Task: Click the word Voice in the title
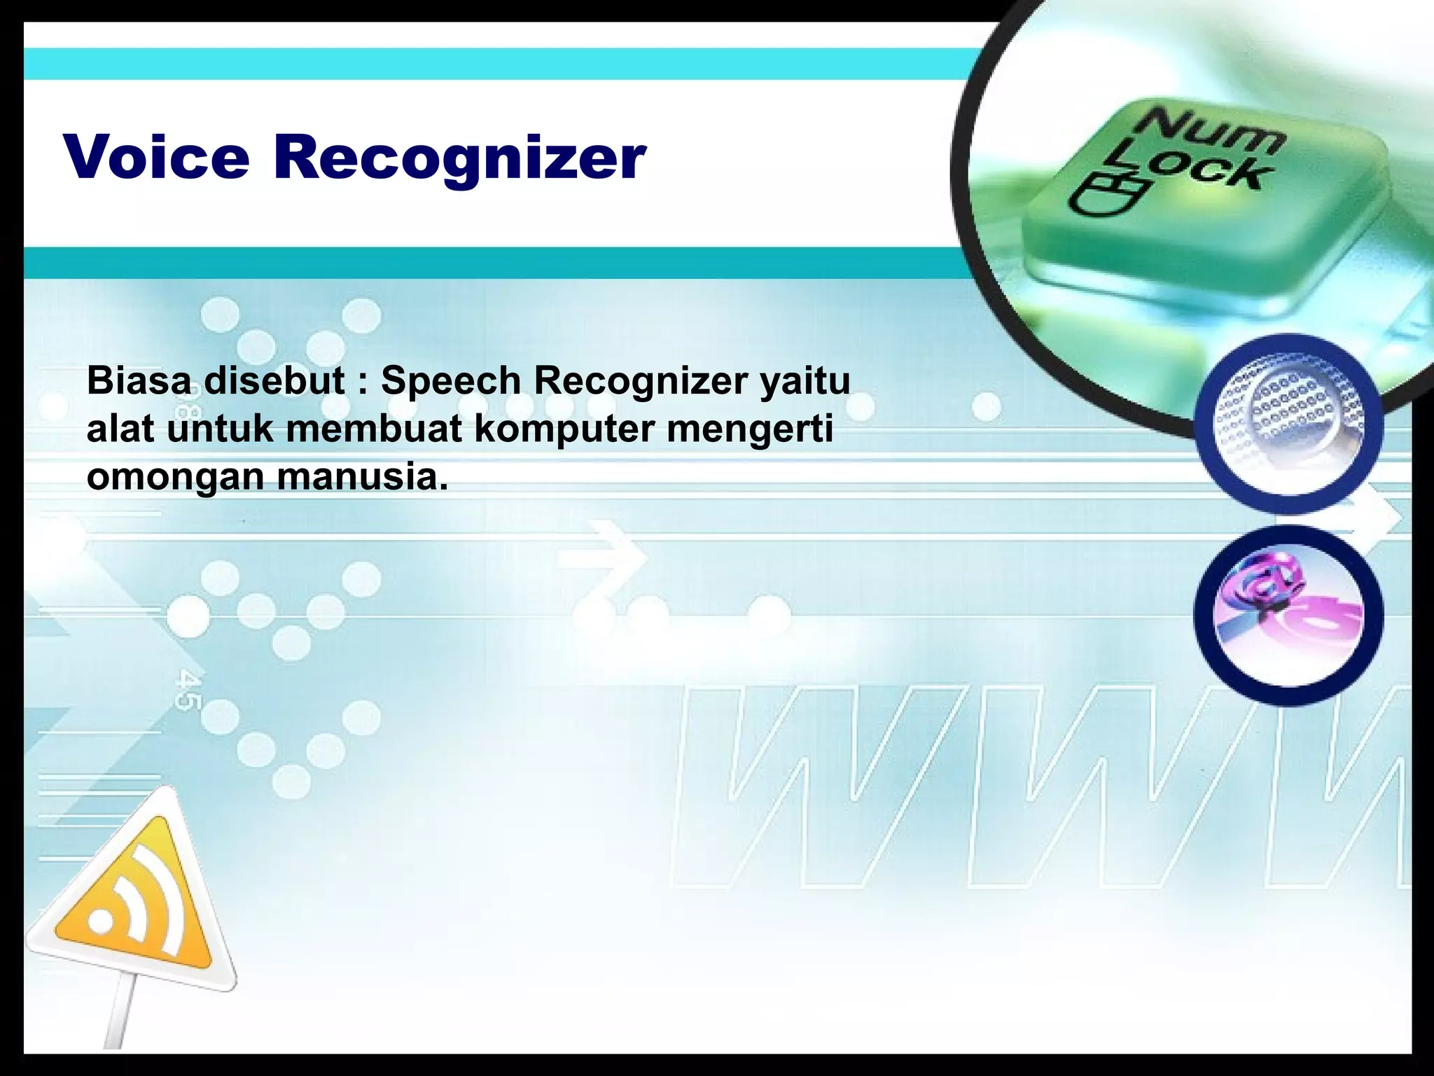156,157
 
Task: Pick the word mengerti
749,430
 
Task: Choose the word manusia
362,477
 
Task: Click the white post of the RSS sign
125,1016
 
